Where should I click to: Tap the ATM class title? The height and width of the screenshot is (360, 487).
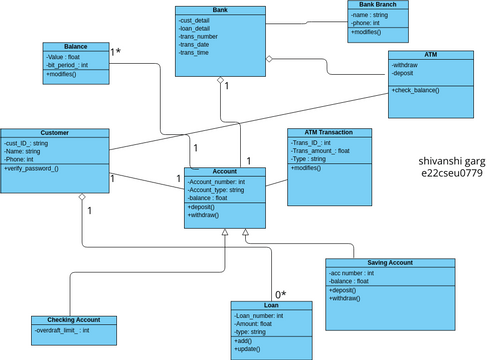point(430,55)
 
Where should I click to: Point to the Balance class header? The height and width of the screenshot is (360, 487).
point(75,47)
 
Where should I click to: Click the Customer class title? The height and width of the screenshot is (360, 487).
point(55,133)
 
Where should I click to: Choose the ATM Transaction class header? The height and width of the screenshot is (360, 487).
point(329,132)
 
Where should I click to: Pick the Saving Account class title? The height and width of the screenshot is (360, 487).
point(389,262)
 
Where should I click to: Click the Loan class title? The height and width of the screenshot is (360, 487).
point(271,305)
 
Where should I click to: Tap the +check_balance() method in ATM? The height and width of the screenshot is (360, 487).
point(417,91)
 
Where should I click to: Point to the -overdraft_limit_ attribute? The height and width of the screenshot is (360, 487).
point(62,330)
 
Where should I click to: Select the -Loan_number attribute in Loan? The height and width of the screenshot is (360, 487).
point(259,316)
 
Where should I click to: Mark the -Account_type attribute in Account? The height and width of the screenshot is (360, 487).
point(217,190)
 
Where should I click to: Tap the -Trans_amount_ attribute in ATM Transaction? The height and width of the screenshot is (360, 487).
point(321,151)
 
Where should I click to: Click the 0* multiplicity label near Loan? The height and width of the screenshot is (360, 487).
point(281,294)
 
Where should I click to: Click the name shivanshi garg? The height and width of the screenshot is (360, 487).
point(452,160)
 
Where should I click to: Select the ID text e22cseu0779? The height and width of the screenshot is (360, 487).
point(452,173)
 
